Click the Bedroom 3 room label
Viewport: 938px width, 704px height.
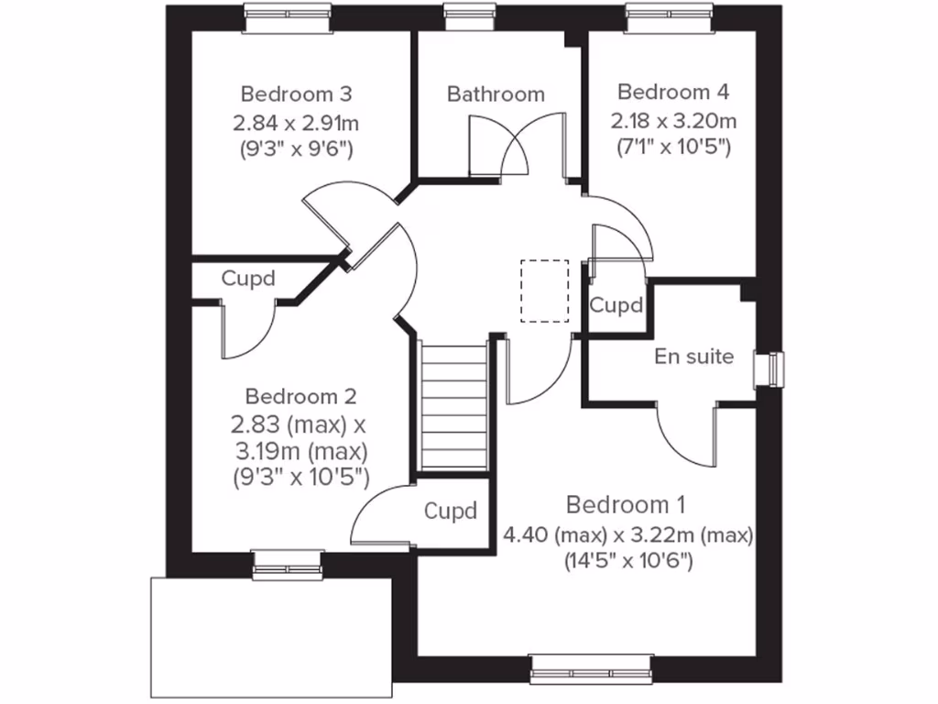pos(296,93)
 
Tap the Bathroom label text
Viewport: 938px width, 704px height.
pos(496,93)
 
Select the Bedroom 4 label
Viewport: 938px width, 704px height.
pos(673,92)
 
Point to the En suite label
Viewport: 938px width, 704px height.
pos(693,356)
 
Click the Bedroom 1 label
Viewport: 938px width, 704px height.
pos(626,504)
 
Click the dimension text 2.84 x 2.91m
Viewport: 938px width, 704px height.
pos(296,121)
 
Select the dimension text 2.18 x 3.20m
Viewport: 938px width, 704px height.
pos(673,120)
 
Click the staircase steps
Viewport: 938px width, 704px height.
pos(452,403)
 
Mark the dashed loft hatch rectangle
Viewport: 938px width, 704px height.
pos(544,291)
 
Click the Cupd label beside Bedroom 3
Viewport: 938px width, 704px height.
pos(247,279)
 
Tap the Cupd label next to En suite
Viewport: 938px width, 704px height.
pos(616,305)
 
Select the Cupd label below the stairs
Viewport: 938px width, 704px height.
pos(450,511)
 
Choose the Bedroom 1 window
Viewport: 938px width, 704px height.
pos(591,667)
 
